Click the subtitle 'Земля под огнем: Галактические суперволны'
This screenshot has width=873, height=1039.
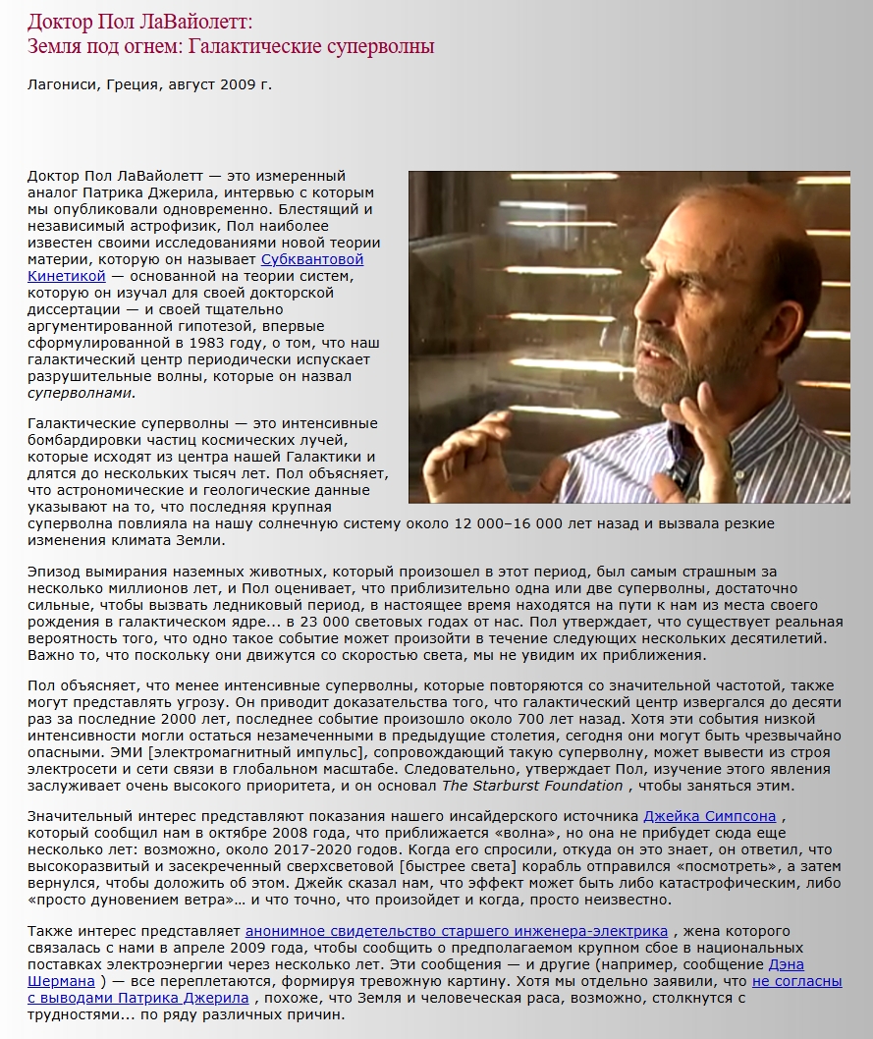coord(231,46)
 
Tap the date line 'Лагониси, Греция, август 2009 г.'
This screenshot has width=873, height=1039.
coord(149,84)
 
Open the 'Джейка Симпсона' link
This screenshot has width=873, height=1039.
coord(709,816)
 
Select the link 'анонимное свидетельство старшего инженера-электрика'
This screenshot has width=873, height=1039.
coord(457,930)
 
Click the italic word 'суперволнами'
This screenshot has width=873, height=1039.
coord(80,393)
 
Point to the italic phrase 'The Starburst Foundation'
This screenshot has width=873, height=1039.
coord(531,786)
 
